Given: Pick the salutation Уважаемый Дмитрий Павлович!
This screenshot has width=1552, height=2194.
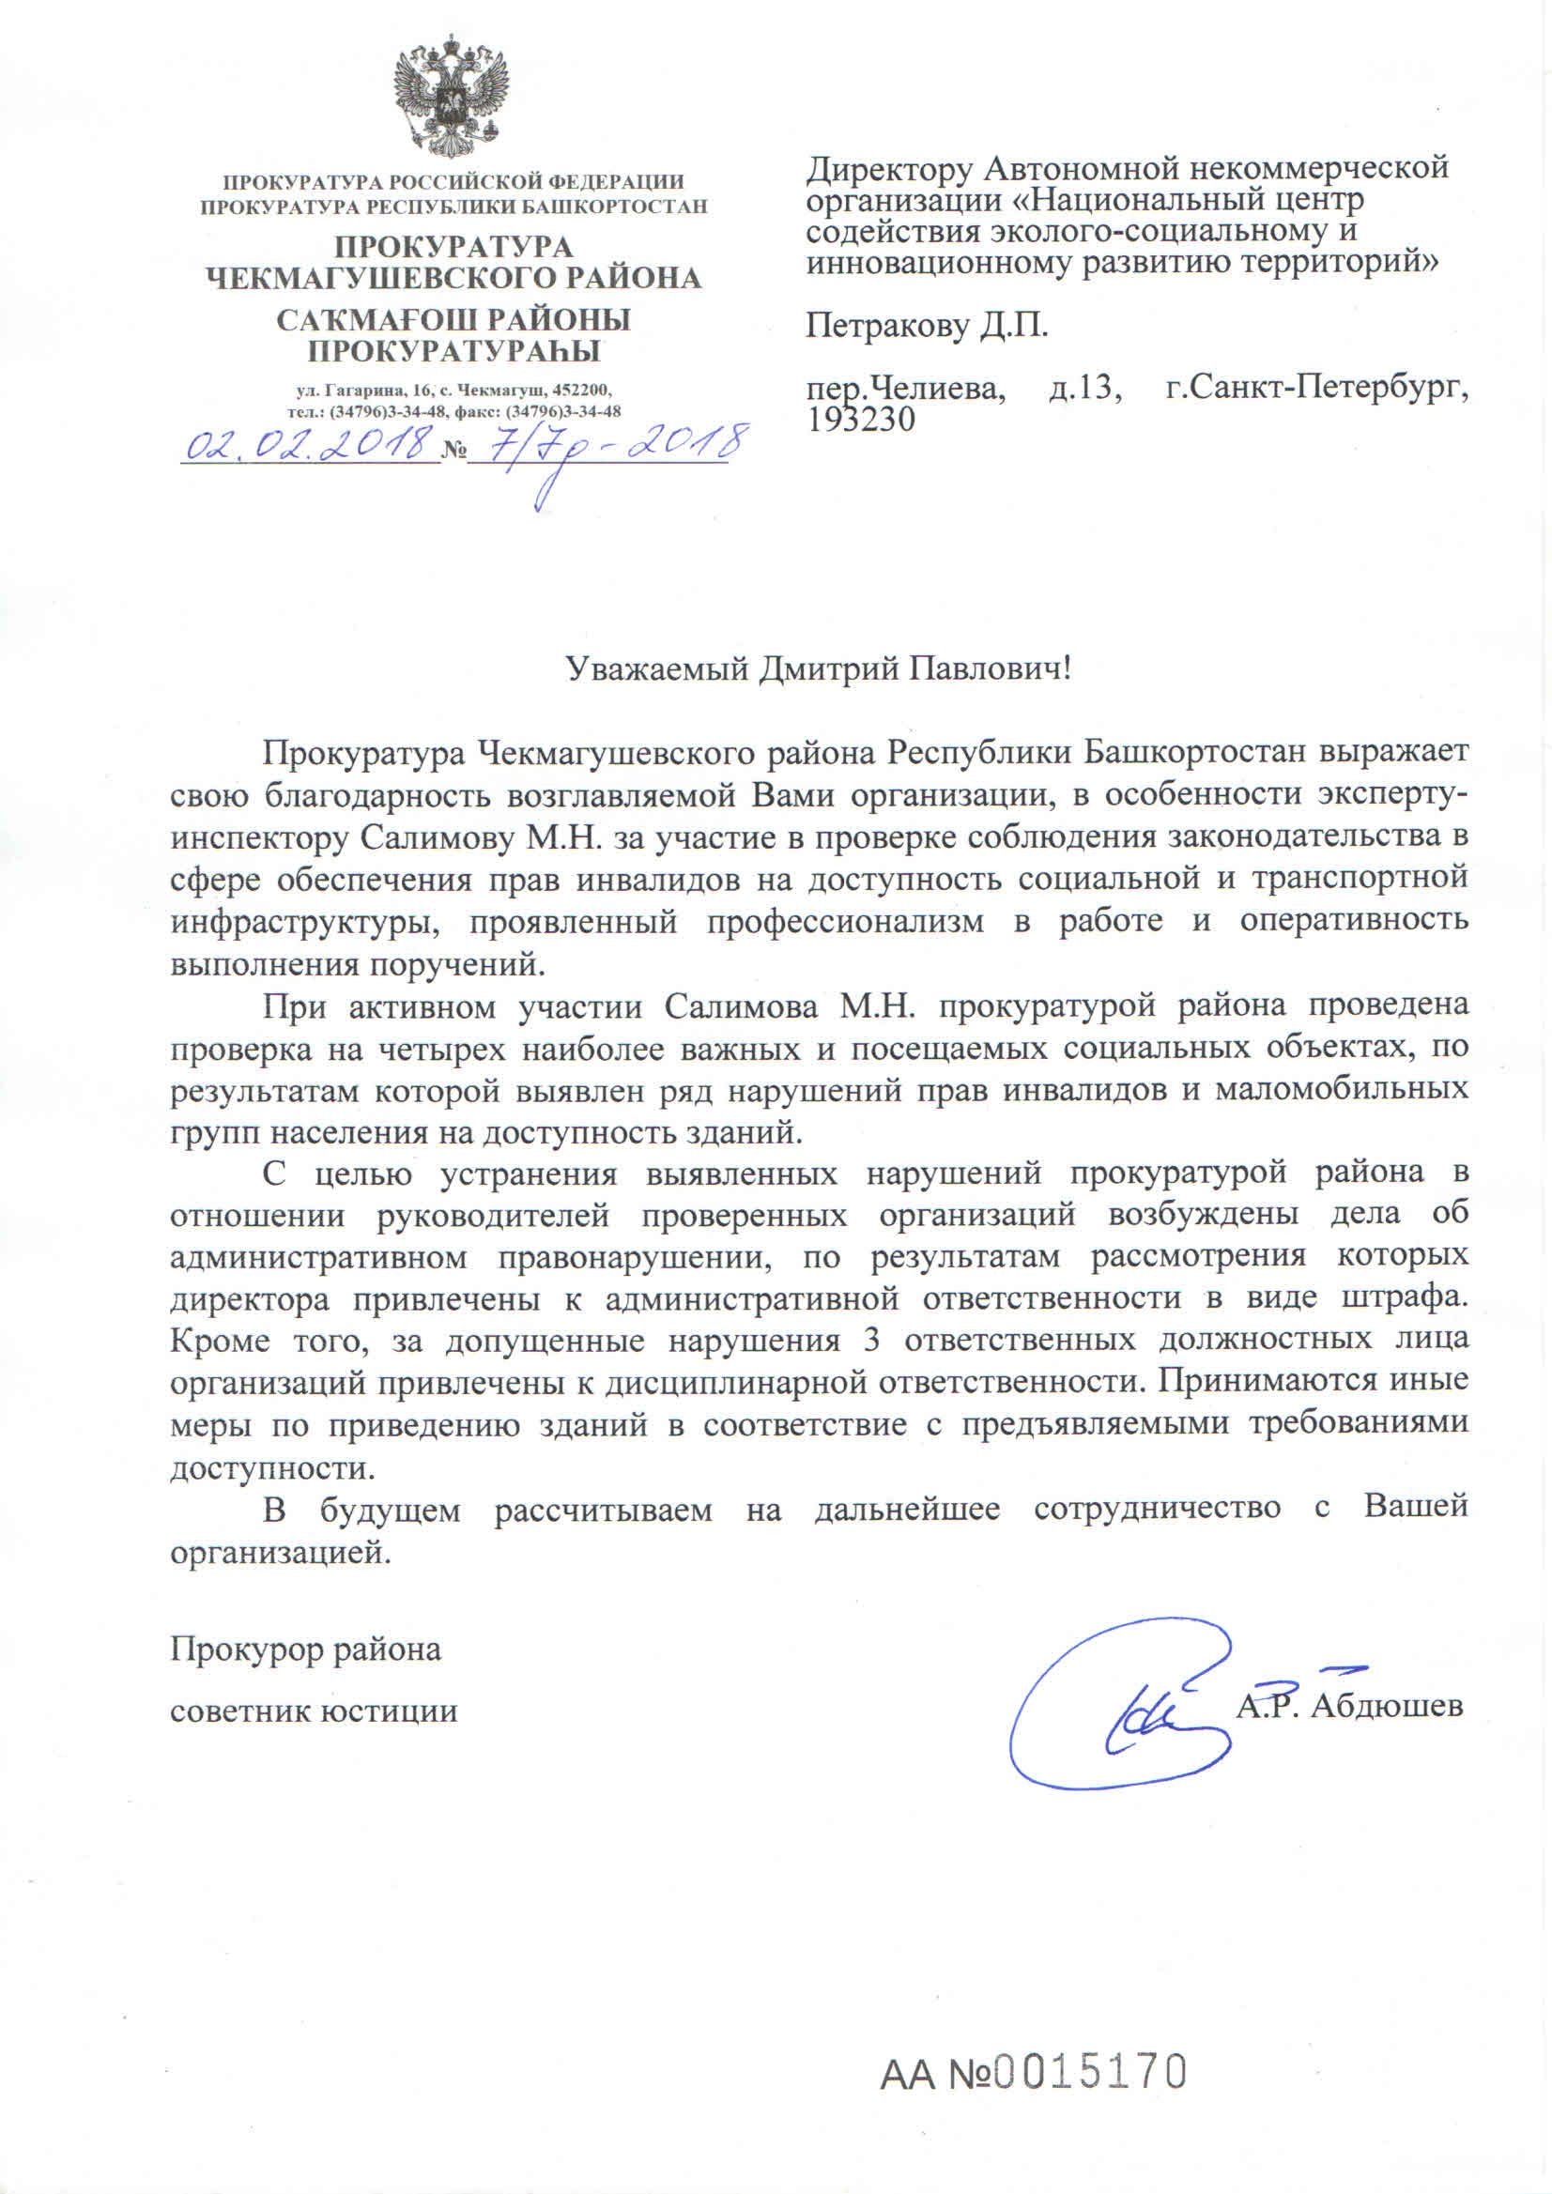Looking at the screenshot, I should (819, 667).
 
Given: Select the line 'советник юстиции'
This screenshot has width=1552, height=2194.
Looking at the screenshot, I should (314, 1711).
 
